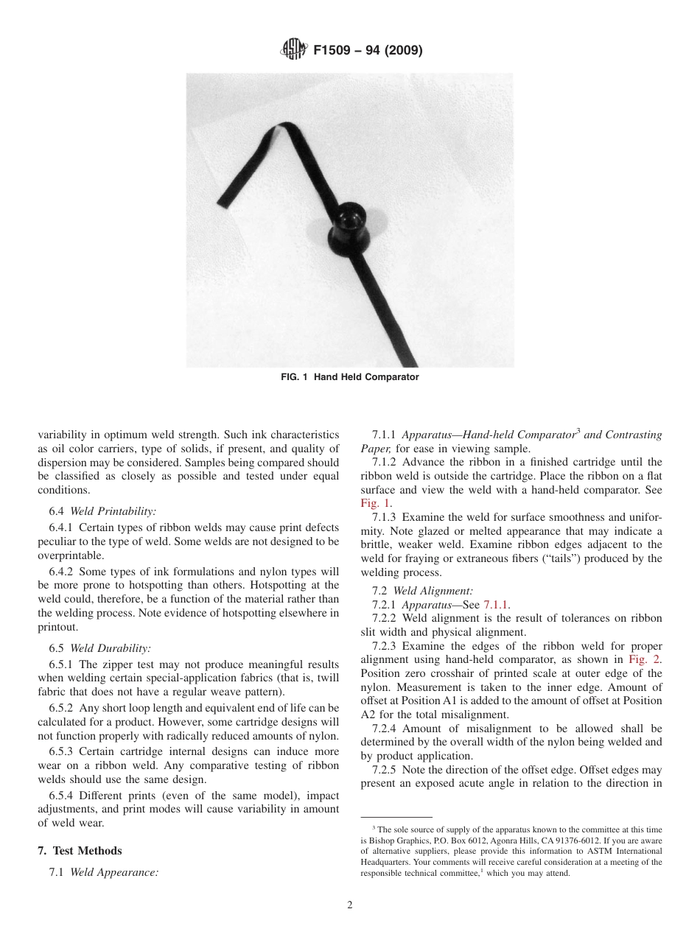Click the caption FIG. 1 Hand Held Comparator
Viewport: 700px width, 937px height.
[350, 377]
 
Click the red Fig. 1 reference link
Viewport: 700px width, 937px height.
[371, 504]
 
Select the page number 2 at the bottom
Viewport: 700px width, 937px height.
[350, 905]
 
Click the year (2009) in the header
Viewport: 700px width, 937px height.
[399, 51]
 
